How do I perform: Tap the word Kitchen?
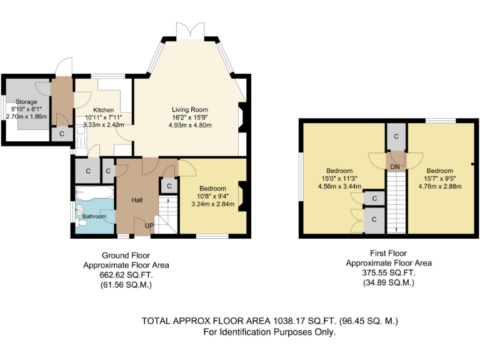point(103,110)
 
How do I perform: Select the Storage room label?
point(26,102)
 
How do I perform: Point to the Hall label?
point(138,200)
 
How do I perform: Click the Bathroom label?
point(94,217)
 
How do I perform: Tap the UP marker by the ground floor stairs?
point(149,225)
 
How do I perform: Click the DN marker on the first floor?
point(395,167)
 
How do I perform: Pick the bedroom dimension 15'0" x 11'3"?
point(339,178)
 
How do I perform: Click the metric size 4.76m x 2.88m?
point(439,186)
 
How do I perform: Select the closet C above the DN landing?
point(396,136)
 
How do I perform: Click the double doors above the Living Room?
point(190,31)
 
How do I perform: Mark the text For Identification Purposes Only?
point(269,332)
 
